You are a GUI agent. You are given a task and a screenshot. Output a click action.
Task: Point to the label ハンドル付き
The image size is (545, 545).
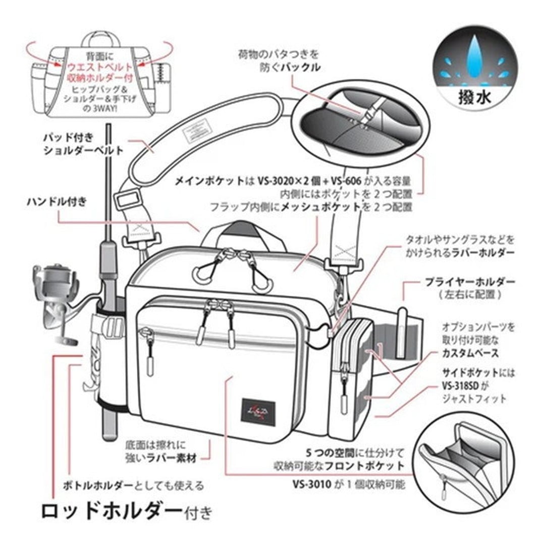tap(57, 202)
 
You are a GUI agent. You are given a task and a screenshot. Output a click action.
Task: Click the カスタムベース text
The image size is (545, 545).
tap(470, 353)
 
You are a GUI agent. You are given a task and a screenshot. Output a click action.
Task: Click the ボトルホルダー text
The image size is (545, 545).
tap(98, 486)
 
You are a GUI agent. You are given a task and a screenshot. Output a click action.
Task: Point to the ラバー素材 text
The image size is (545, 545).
tap(176, 458)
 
